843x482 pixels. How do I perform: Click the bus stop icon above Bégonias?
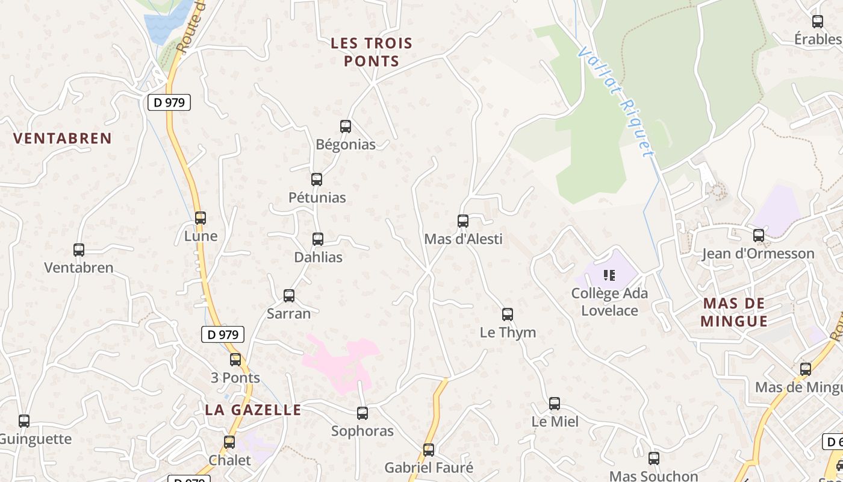(346, 127)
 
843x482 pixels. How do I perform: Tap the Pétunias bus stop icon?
(317, 180)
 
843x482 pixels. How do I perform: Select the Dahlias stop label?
(318, 257)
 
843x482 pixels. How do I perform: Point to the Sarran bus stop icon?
(289, 296)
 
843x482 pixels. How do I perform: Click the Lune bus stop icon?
(201, 218)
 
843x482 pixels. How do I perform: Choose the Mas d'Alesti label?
(463, 239)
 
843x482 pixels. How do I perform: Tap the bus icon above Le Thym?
(508, 315)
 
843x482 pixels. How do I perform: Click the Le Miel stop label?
(555, 422)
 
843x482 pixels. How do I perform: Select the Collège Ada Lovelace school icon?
(609, 275)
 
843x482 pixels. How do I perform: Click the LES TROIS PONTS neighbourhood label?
(372, 52)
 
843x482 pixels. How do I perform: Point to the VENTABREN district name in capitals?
(63, 138)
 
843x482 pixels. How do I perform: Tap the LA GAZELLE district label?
(253, 410)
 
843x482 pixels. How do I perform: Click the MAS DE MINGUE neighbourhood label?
(734, 312)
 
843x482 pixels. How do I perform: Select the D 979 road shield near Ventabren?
(169, 102)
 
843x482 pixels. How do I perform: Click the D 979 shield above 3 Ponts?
(222, 334)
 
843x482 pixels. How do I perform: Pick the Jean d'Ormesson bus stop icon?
(759, 236)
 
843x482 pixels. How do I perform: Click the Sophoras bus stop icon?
(362, 413)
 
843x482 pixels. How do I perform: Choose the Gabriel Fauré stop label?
(429, 468)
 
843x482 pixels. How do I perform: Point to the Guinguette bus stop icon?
(24, 421)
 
